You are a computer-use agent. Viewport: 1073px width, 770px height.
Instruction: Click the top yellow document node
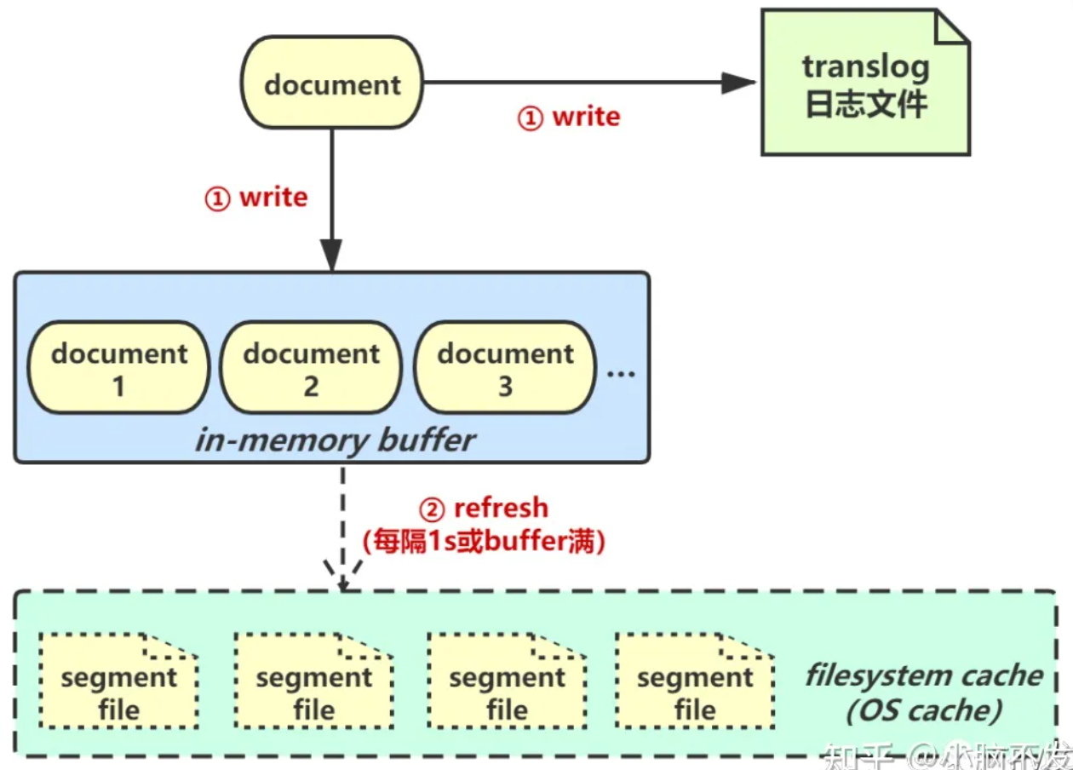(332, 83)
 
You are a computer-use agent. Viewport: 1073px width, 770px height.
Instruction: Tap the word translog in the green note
(865, 66)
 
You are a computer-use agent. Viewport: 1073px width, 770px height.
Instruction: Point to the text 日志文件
(865, 104)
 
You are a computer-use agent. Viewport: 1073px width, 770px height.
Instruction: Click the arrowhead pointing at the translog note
(738, 83)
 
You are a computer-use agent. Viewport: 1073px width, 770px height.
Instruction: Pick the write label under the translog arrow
(569, 117)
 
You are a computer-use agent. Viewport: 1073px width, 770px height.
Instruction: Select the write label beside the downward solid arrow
(256, 198)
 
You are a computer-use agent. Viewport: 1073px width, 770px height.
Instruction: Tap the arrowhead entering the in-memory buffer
(332, 256)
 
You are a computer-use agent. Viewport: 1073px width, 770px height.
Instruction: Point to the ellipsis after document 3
(622, 372)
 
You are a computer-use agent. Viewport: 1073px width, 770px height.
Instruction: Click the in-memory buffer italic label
(335, 440)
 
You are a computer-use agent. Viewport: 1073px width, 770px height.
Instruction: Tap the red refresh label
(484, 509)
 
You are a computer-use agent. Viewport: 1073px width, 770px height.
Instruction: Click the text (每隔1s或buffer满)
(484, 542)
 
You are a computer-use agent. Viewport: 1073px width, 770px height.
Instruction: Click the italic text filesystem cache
(924, 675)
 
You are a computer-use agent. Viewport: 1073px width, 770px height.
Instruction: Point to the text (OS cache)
(924, 710)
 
